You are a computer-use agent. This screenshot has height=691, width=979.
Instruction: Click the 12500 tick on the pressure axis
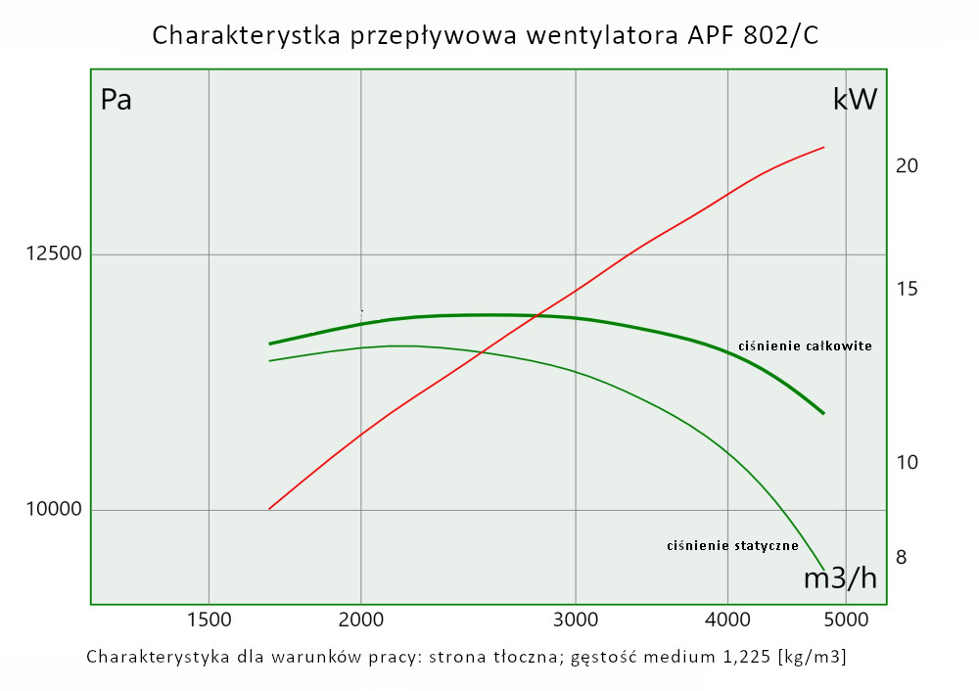click(54, 254)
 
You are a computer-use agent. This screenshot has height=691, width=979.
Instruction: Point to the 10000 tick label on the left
click(54, 510)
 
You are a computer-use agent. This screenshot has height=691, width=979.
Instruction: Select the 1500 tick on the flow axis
click(209, 619)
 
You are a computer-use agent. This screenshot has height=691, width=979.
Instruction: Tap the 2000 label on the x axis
click(361, 619)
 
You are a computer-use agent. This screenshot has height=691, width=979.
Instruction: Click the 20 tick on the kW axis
click(907, 166)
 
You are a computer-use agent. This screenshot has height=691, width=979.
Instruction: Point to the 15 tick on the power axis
click(907, 290)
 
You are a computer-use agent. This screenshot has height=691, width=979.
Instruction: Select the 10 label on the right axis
click(907, 462)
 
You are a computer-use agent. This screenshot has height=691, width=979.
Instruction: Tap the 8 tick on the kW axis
click(902, 558)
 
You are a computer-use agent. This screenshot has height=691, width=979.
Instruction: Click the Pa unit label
click(117, 100)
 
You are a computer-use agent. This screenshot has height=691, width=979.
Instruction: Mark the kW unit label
click(855, 100)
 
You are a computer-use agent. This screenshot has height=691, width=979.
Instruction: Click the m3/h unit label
click(840, 579)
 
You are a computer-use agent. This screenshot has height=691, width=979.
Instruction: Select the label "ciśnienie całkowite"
click(805, 346)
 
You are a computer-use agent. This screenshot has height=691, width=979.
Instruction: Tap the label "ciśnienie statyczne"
click(732, 546)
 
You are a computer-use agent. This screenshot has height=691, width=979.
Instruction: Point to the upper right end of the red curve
click(823, 147)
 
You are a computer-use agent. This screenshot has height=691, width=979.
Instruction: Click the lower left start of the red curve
click(269, 509)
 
